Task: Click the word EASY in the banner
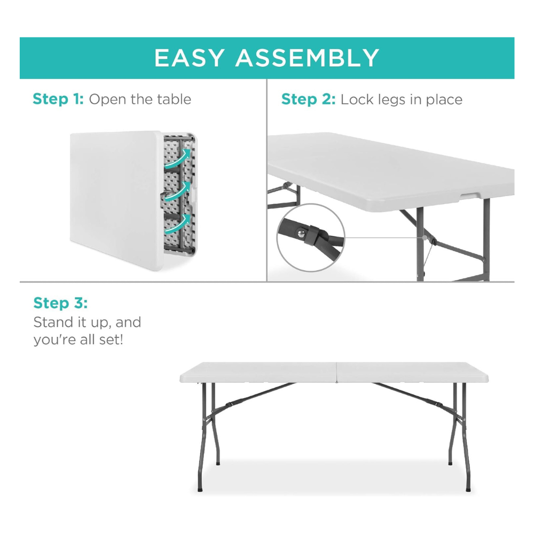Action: pyautogui.click(x=190, y=58)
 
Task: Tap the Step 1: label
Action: pyautogui.click(x=58, y=99)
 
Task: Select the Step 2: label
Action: pyautogui.click(x=308, y=99)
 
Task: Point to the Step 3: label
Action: pyautogui.click(x=61, y=303)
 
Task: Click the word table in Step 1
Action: pyautogui.click(x=174, y=99)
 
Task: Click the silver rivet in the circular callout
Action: pyautogui.click(x=301, y=233)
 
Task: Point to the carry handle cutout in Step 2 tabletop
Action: pyautogui.click(x=472, y=195)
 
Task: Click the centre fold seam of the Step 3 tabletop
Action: pyautogui.click(x=336, y=372)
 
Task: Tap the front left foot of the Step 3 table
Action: pyautogui.click(x=200, y=489)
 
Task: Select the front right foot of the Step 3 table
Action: pyautogui.click(x=468, y=489)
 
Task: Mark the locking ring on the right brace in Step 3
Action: pyautogui.click(x=439, y=404)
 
